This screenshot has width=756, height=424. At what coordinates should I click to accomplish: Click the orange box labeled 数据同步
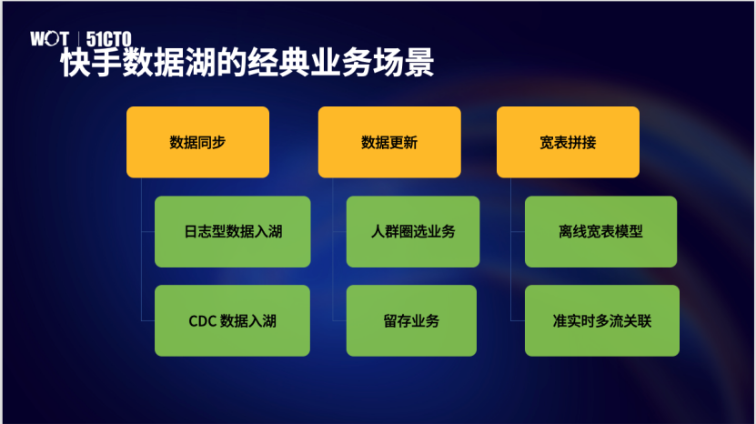point(197,142)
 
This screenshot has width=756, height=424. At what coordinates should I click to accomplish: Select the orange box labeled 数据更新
point(389,142)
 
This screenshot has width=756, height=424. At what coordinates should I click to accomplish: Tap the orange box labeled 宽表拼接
point(568,142)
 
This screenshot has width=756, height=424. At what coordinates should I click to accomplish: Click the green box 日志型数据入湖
point(232,231)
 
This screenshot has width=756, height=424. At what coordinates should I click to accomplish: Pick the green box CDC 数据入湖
point(232,321)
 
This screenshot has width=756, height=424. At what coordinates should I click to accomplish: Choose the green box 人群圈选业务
point(413,231)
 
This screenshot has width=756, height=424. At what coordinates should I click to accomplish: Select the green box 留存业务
point(411,321)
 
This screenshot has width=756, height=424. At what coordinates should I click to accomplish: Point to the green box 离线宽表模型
point(600,231)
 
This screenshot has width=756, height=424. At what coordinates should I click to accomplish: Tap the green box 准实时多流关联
point(602,321)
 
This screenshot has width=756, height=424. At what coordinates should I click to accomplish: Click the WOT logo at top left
point(49,38)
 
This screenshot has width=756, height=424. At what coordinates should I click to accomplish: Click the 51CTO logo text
point(108,38)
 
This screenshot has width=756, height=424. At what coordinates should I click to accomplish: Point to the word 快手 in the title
point(91,63)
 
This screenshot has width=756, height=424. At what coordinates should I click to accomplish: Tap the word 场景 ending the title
point(404,63)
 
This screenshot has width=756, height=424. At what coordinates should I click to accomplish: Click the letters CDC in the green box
point(202,321)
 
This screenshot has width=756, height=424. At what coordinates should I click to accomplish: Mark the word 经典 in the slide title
point(277,63)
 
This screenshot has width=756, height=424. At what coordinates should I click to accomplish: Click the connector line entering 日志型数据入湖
point(148,231)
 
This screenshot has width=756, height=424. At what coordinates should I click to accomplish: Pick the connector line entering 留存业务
point(339,321)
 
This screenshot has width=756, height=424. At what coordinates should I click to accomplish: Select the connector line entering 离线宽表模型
point(518,231)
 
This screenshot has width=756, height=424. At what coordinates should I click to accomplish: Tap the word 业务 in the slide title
point(341,63)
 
